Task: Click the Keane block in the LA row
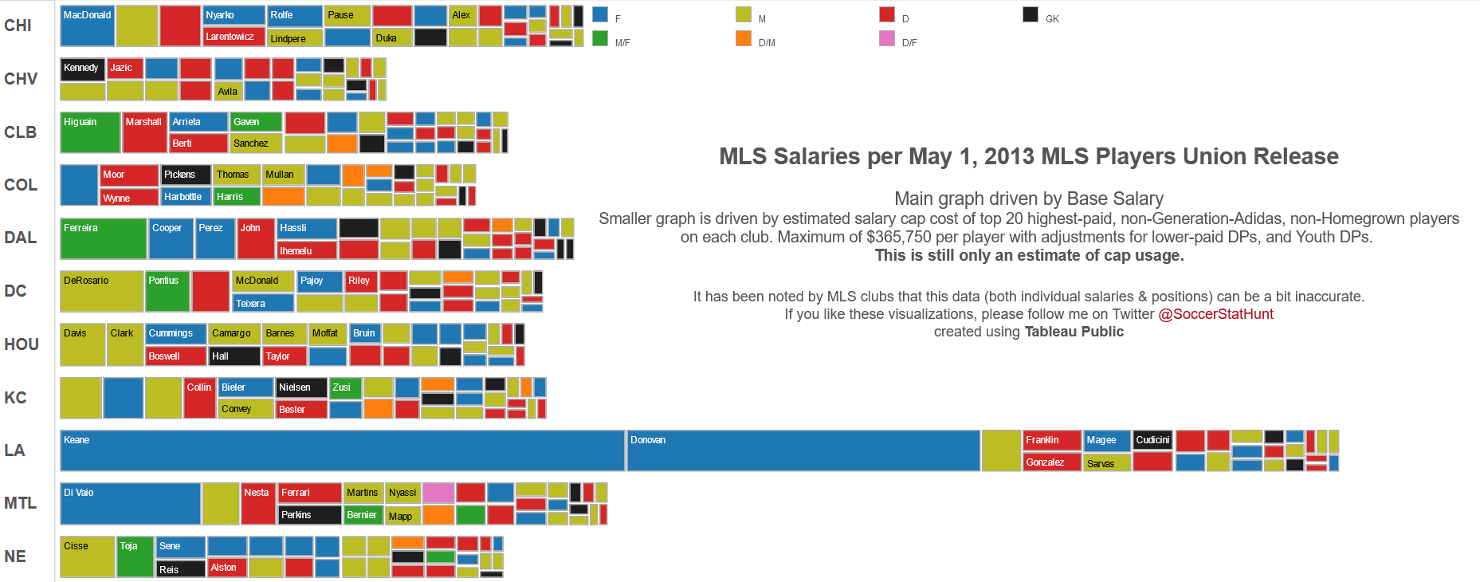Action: [342, 450]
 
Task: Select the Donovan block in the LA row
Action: [803, 450]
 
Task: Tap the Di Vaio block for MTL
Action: [130, 503]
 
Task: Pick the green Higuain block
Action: [90, 132]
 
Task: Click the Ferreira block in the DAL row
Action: [103, 238]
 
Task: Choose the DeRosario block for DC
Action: [101, 291]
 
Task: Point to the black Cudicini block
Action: [1152, 440]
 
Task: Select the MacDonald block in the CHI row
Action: [87, 26]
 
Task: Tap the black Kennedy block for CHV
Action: [82, 69]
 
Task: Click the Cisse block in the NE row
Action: [87, 556]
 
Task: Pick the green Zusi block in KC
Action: [346, 387]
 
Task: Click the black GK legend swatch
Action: [1031, 14]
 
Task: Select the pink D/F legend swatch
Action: [887, 38]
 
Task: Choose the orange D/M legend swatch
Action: [744, 38]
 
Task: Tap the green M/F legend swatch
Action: [600, 38]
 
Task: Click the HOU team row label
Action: [22, 344]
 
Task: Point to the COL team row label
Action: [21, 185]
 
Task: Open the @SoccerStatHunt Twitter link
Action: [1215, 314]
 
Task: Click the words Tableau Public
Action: [1074, 332]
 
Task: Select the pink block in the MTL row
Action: [438, 493]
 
